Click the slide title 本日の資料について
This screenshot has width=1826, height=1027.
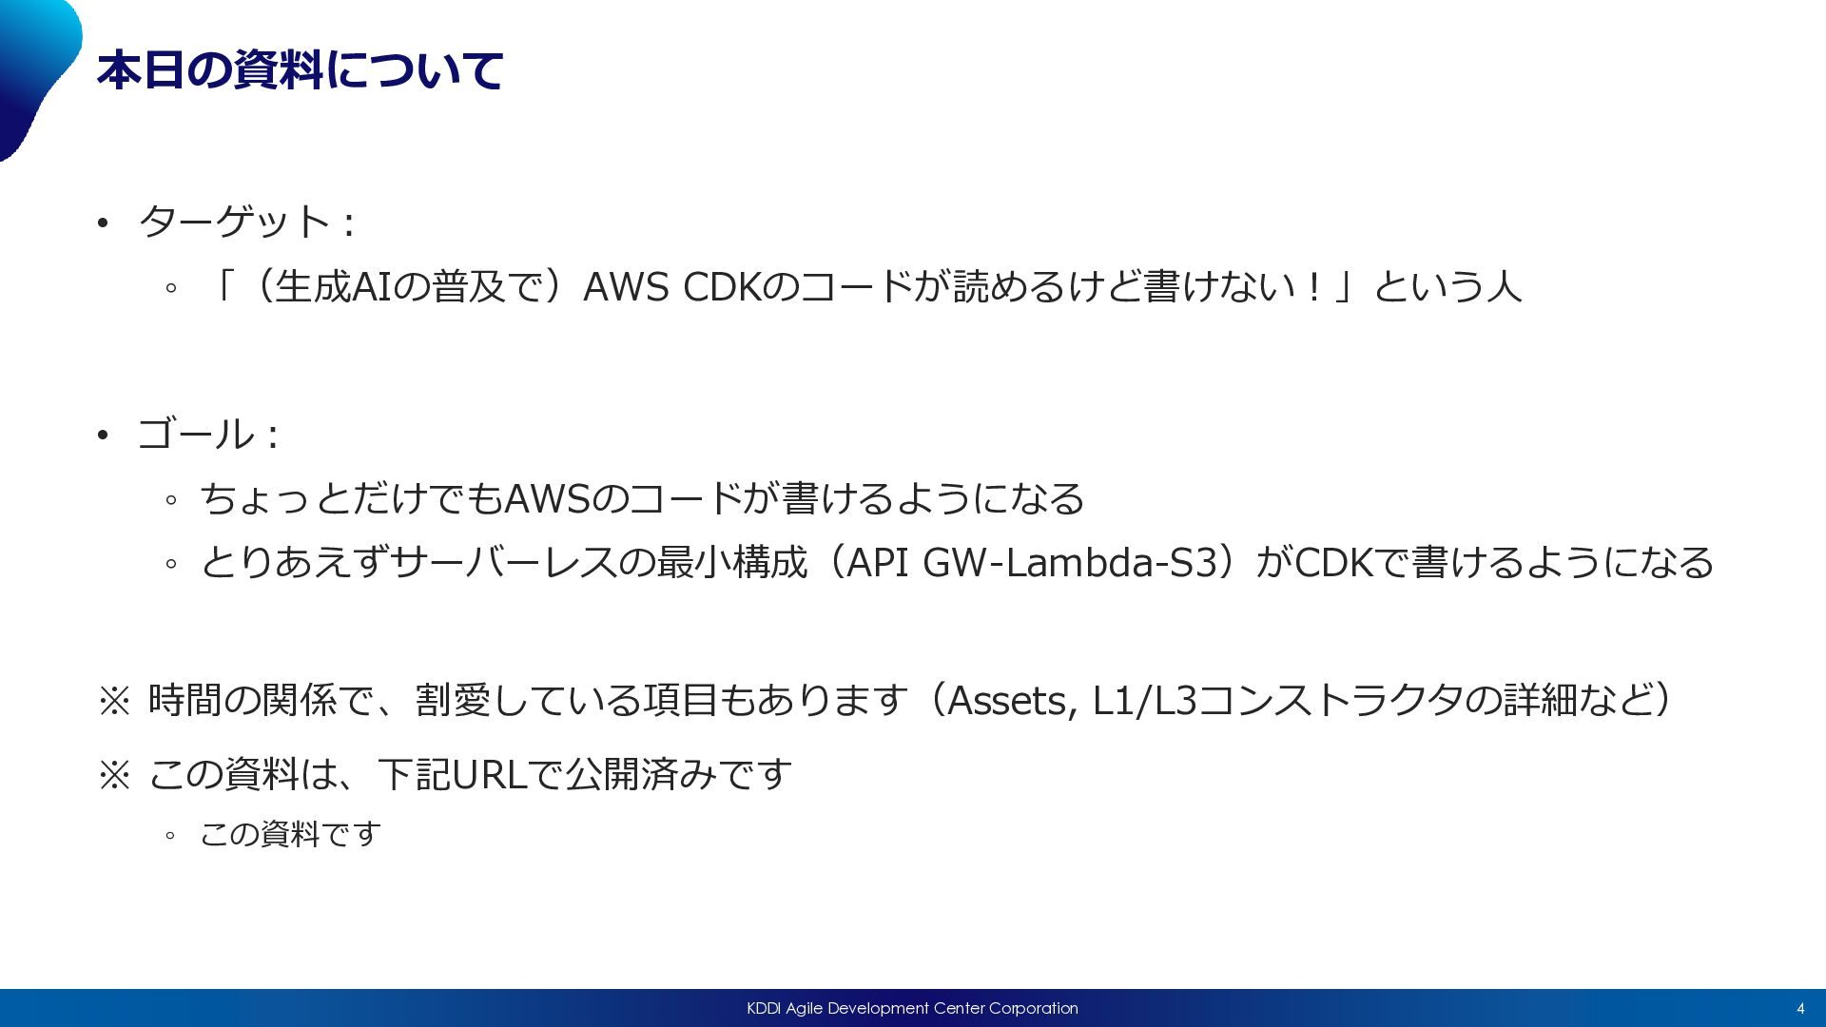[300, 71]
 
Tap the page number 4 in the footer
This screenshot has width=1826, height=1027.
[1799, 1009]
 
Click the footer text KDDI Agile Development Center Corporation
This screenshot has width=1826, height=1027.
[912, 1008]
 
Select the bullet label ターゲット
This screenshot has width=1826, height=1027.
[234, 223]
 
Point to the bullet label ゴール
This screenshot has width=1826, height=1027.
[195, 435]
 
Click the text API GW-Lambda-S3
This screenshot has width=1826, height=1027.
[1032, 563]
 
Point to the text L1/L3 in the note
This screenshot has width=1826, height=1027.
[1144, 701]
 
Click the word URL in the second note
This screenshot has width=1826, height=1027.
[489, 775]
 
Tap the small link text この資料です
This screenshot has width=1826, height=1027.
[290, 835]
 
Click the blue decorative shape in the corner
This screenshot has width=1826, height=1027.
[33, 67]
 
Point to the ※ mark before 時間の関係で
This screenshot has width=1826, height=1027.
[114, 702]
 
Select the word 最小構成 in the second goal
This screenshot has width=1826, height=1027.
[731, 563]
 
